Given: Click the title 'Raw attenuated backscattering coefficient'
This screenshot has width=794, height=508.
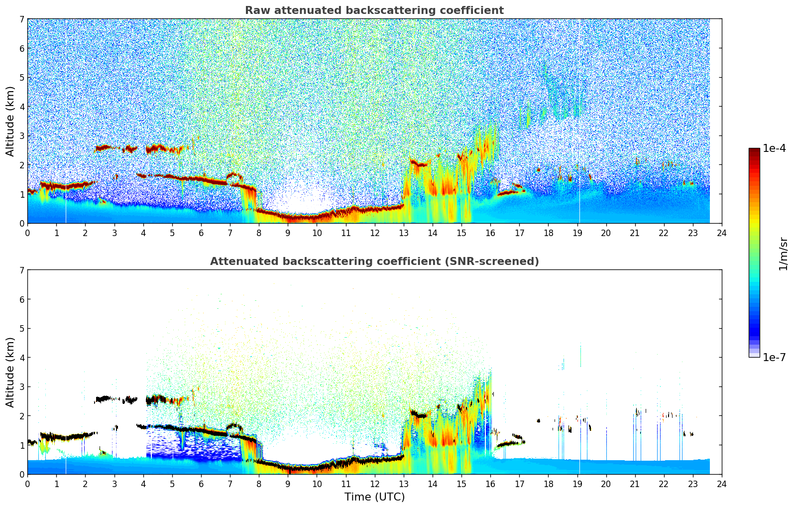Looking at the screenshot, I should [x=374, y=10].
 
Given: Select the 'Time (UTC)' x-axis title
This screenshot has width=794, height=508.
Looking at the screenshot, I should [x=374, y=497].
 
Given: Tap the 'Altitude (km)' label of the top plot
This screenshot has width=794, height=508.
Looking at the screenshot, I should [x=10, y=121].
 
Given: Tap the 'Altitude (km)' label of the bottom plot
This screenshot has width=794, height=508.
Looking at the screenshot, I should [x=10, y=372].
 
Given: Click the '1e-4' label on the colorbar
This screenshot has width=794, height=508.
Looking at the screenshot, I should [x=774, y=148].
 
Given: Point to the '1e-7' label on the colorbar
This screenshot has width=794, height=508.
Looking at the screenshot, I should [x=774, y=358].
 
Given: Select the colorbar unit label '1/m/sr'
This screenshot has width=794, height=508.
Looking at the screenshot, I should [x=784, y=254].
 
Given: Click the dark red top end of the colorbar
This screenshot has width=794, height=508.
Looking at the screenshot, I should [x=754, y=150].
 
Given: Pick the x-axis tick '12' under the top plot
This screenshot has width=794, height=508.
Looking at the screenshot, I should [x=374, y=233].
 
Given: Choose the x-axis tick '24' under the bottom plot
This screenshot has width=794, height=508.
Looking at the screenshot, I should [x=722, y=484].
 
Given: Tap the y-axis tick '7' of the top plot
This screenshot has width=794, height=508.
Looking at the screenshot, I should [x=22, y=19].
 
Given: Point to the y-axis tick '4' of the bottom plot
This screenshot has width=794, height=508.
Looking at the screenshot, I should [x=22, y=358].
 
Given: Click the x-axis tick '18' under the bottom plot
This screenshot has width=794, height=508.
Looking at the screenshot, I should [x=548, y=484].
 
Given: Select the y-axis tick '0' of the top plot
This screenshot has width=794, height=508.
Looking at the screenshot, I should [x=22, y=224].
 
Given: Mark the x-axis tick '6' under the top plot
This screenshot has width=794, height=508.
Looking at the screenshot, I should [x=201, y=233].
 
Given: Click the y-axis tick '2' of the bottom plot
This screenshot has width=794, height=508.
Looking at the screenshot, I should [x=22, y=416].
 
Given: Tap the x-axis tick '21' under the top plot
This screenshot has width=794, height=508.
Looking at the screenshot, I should [x=635, y=233].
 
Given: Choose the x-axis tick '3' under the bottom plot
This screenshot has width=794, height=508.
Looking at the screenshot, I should [x=114, y=484].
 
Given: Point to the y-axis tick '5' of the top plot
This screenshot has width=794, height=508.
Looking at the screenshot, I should [x=22, y=78].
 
